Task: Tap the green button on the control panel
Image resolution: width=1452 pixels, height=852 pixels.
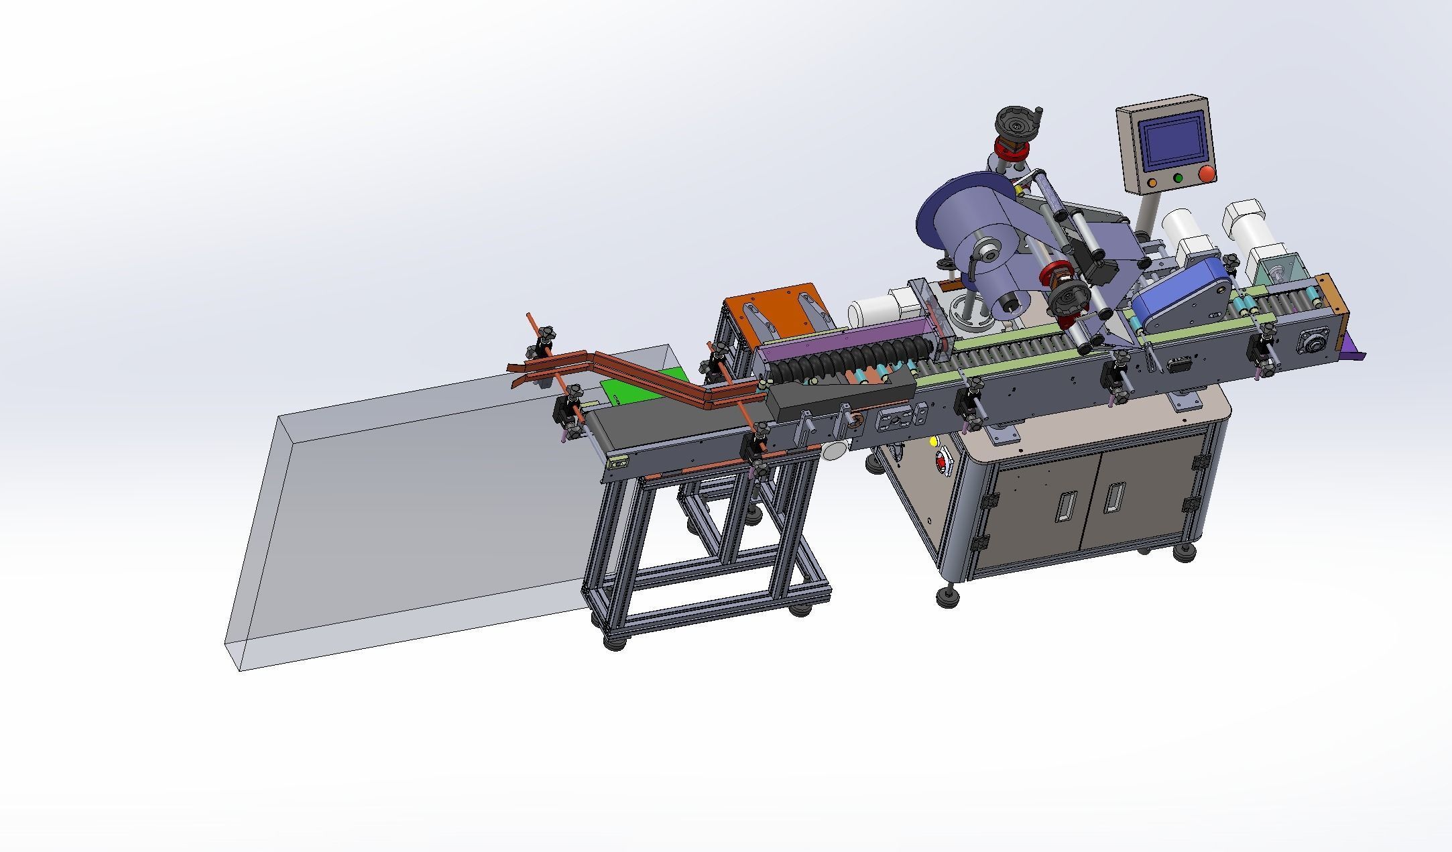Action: tap(1178, 179)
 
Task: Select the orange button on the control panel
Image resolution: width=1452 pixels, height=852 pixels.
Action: tap(1152, 182)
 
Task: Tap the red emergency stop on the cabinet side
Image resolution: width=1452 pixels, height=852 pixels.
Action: tap(943, 463)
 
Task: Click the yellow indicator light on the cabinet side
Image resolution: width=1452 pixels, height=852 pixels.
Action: tap(933, 442)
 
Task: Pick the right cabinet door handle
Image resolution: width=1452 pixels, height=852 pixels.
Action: tap(1113, 495)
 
